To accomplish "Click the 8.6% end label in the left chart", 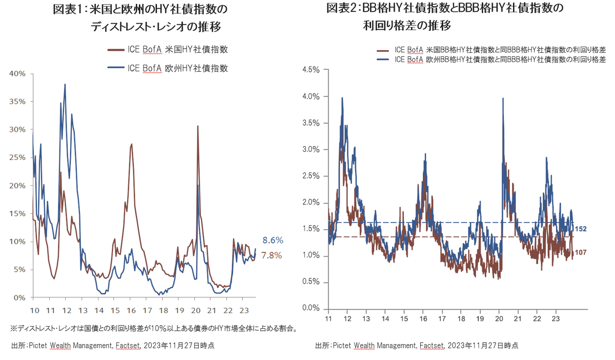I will click(273, 240).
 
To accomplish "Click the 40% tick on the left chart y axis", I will click(17, 74).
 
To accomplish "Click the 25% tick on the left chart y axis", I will click(17, 157).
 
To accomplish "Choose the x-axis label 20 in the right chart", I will click(500, 319).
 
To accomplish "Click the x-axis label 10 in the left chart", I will click(35, 310).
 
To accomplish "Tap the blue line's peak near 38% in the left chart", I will click(65, 84).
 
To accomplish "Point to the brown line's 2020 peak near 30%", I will click(198, 126).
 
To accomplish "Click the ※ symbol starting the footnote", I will click(13, 328).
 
